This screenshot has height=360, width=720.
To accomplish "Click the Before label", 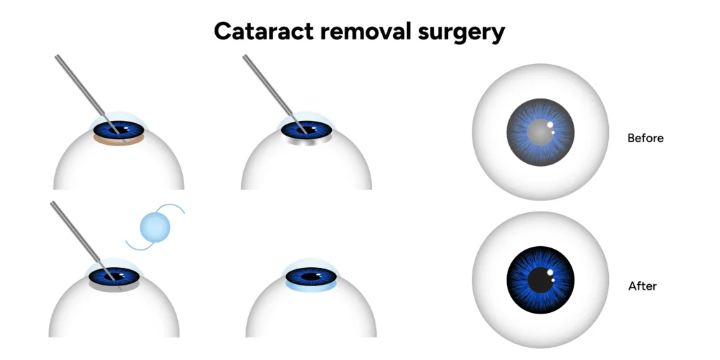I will (x=645, y=138).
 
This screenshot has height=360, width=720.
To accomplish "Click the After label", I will (x=642, y=286).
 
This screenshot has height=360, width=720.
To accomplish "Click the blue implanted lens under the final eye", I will (x=313, y=287).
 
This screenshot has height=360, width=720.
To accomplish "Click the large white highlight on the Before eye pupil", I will (x=551, y=127).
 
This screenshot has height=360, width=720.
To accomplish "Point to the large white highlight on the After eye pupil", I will (x=550, y=273).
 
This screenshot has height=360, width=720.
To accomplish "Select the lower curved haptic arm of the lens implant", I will (x=134, y=245).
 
